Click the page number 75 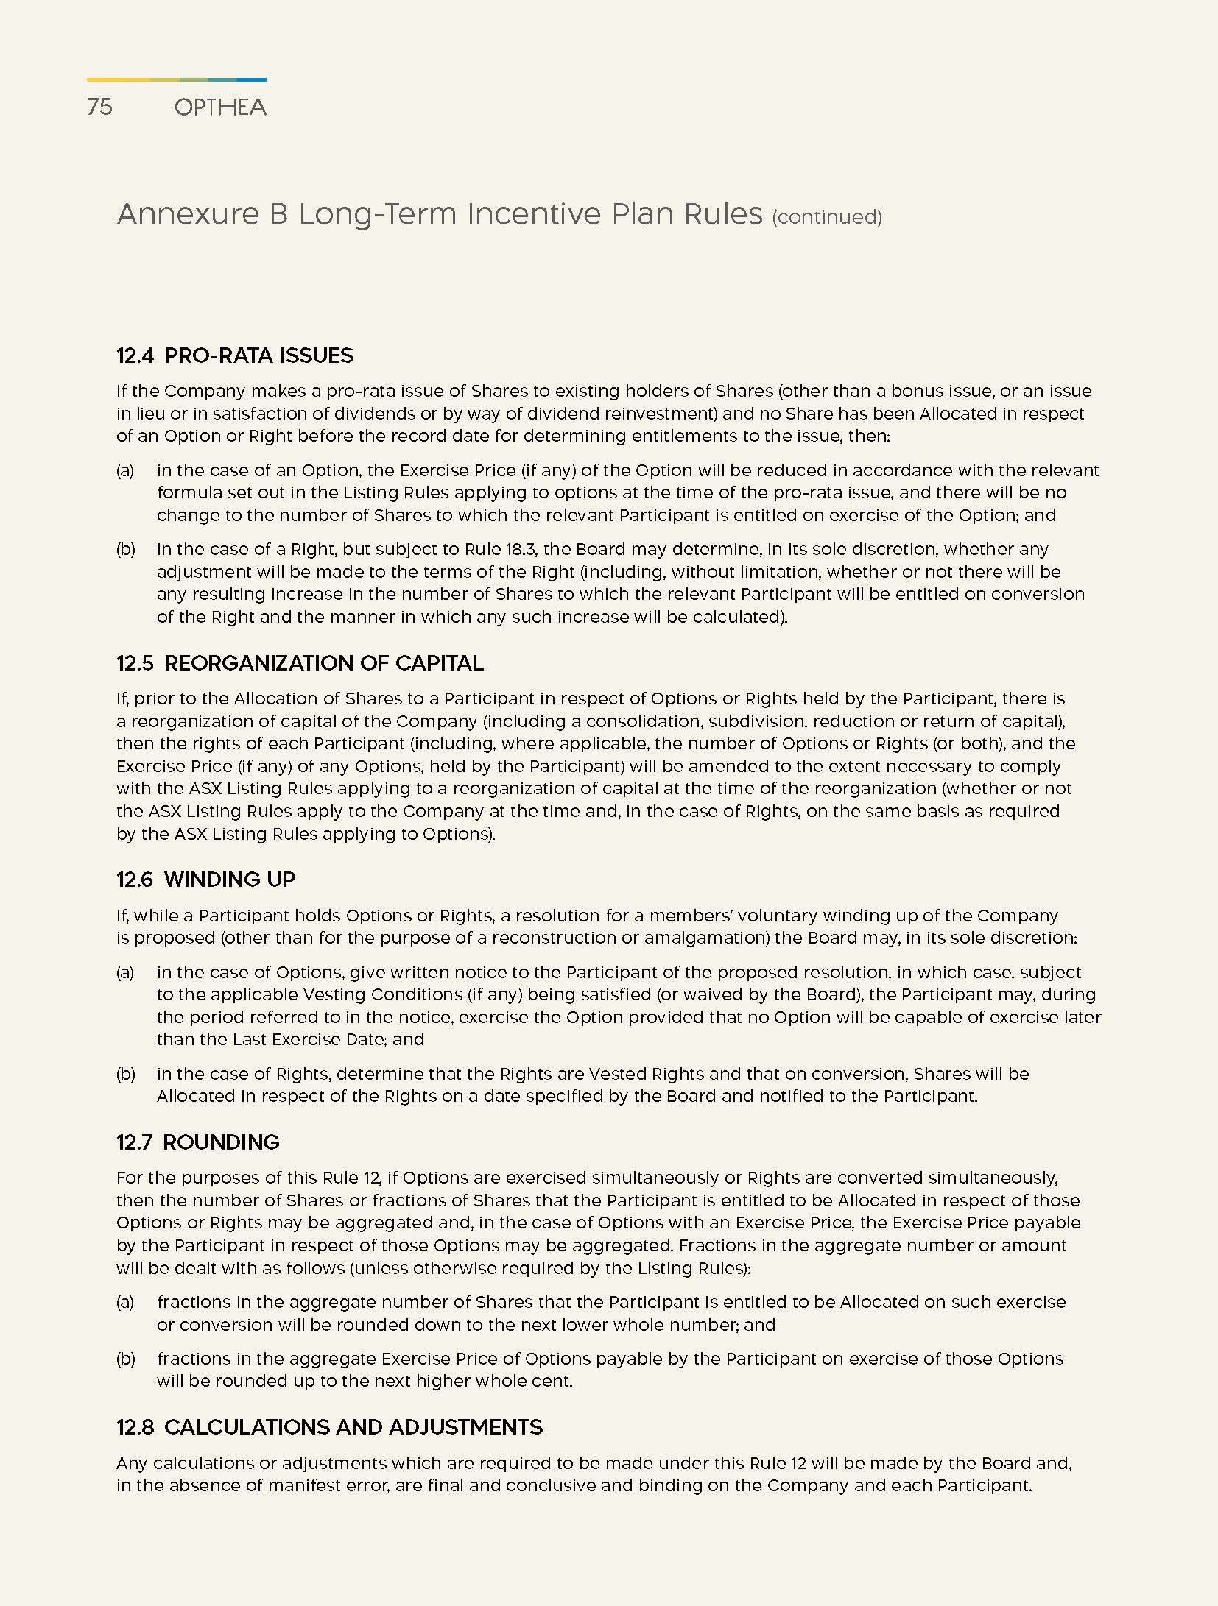pyautogui.click(x=99, y=107)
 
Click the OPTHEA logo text pyautogui.click(x=220, y=107)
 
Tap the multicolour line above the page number pyautogui.click(x=176, y=79)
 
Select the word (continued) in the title pyautogui.click(x=826, y=217)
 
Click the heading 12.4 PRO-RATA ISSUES pyautogui.click(x=235, y=355)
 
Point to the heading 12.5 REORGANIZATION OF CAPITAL pyautogui.click(x=300, y=663)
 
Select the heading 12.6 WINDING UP pyautogui.click(x=205, y=880)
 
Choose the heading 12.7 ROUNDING pyautogui.click(x=197, y=1142)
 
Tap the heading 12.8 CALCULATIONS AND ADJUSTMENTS pyautogui.click(x=329, y=1427)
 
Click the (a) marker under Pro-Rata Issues pyautogui.click(x=125, y=470)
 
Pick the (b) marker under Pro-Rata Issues pyautogui.click(x=125, y=549)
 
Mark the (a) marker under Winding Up pyautogui.click(x=125, y=972)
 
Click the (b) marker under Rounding pyautogui.click(x=125, y=1359)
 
